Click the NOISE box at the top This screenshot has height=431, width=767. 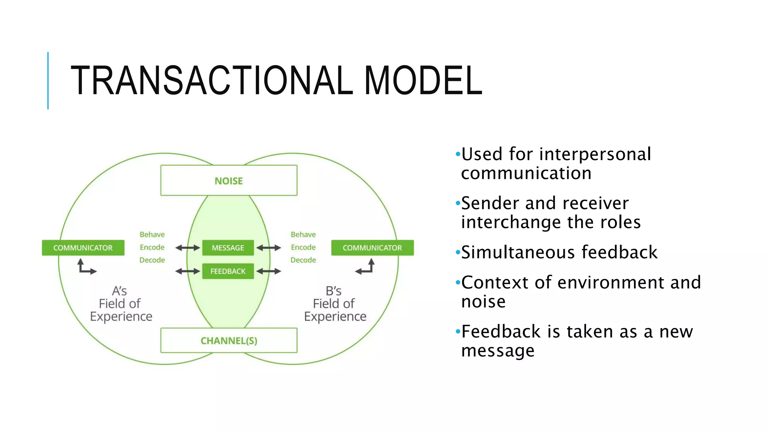click(229, 180)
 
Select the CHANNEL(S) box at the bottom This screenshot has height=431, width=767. click(229, 340)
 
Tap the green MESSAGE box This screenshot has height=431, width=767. click(228, 248)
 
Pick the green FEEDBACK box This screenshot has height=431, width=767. click(228, 271)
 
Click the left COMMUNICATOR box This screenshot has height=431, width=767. click(83, 248)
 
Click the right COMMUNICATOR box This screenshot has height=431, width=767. click(372, 248)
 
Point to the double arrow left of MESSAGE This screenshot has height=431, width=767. click(188, 248)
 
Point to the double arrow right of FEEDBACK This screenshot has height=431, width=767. click(269, 271)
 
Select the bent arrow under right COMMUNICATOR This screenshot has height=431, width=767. click(365, 267)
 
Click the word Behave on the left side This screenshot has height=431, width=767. click(152, 235)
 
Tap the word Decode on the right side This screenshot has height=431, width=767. click(303, 260)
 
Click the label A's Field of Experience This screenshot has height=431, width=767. click(121, 303)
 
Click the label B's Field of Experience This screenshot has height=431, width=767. click(335, 303)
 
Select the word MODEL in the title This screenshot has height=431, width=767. click(423, 80)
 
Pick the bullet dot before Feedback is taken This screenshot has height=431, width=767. click(457, 331)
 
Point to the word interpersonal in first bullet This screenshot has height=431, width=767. click(595, 155)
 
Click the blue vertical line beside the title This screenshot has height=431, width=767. click(48, 80)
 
